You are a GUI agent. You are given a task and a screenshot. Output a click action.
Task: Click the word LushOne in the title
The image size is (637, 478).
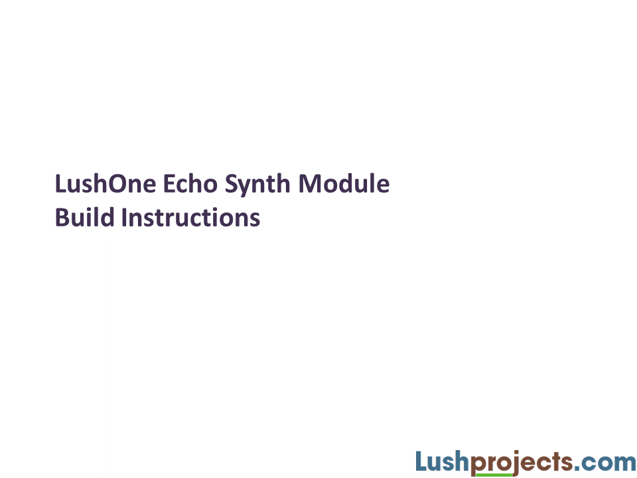[106, 184]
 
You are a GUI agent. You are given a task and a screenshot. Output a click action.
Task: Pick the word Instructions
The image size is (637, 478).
[190, 217]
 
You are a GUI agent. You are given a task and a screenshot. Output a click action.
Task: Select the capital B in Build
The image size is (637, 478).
[62, 217]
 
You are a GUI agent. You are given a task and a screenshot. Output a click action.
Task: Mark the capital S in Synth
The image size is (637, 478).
[231, 184]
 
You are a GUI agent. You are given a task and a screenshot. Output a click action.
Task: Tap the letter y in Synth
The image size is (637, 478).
[244, 187]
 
